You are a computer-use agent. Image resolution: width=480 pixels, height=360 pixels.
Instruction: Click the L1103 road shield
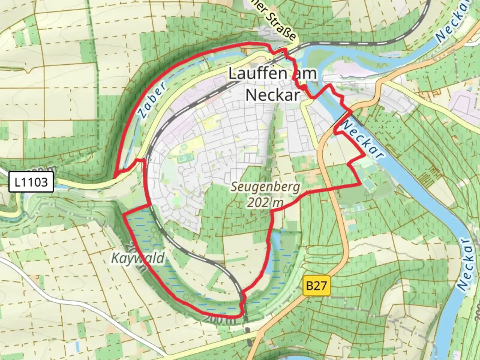point(31,182)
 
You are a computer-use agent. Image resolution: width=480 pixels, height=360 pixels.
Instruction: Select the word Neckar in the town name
point(272,95)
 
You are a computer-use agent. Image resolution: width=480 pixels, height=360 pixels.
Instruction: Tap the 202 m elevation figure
point(265,202)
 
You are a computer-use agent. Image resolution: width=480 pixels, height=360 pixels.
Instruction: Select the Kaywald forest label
point(138,258)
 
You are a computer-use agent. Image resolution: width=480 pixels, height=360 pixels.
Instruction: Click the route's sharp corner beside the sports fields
point(361,184)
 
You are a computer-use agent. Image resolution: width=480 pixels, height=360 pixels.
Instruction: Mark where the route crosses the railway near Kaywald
point(242,304)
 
